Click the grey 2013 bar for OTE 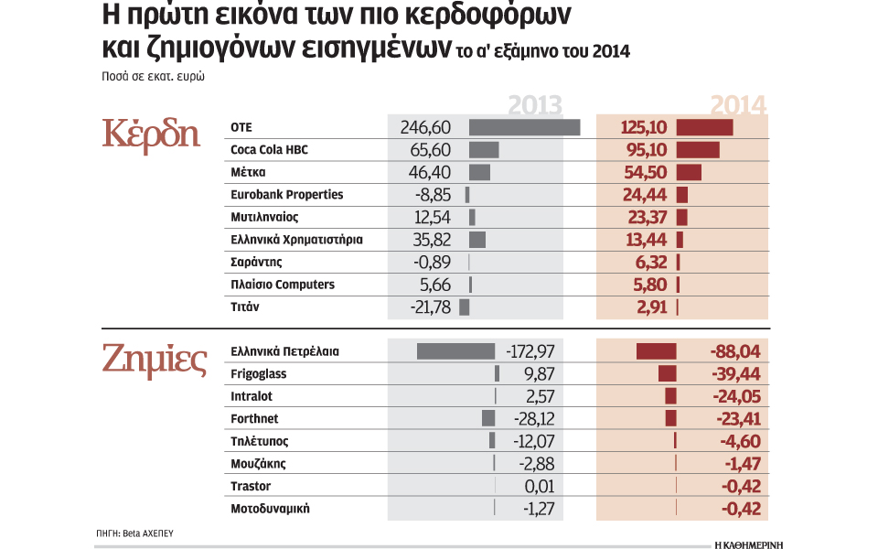tap(524, 127)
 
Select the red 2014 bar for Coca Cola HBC tap(698, 150)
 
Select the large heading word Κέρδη tap(151, 133)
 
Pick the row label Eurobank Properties tap(287, 195)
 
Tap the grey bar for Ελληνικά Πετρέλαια tap(455, 351)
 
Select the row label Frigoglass tap(258, 374)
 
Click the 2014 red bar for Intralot tap(670, 396)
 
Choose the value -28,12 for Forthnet tap(530, 419)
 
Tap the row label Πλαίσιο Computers tap(283, 285)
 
